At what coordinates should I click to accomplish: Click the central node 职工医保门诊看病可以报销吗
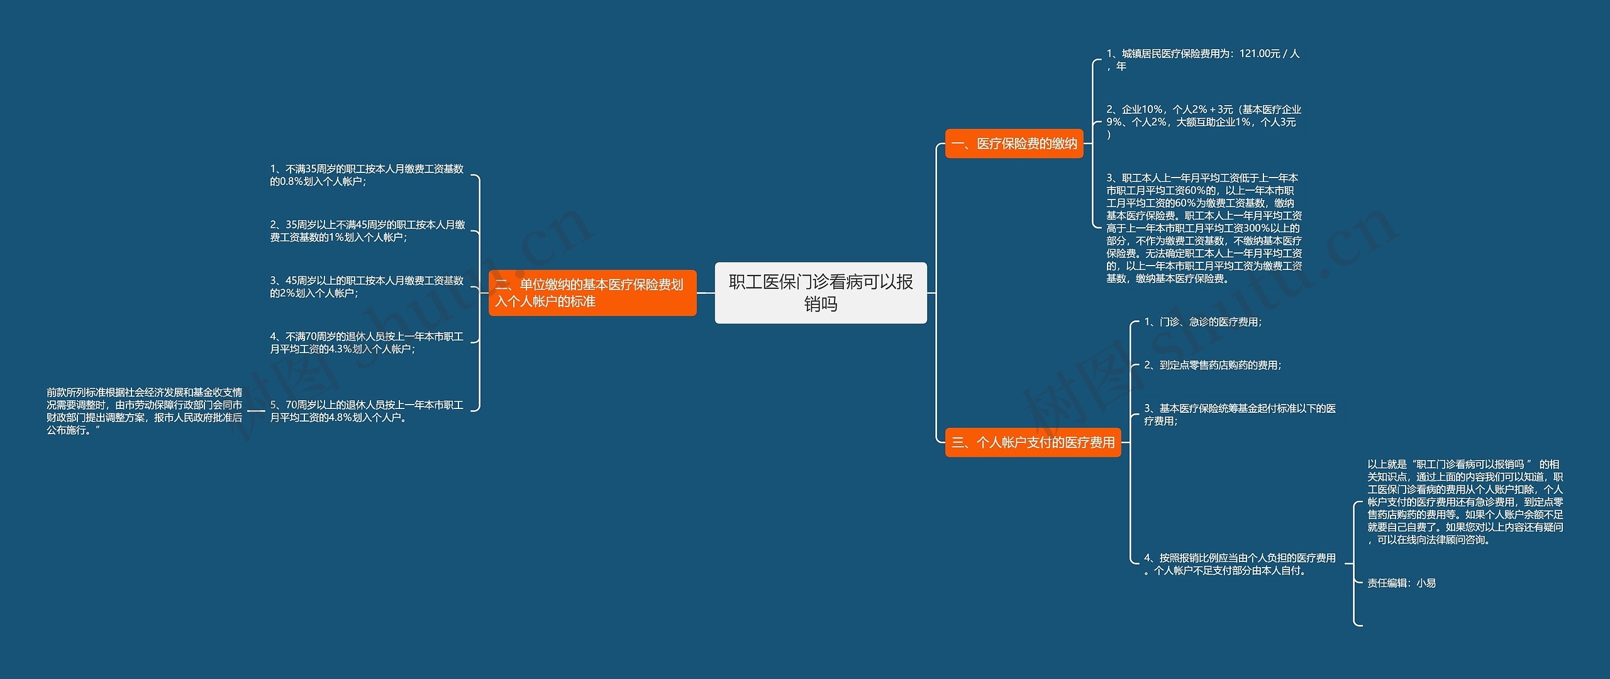(x=820, y=293)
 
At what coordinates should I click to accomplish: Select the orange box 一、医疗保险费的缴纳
(x=1014, y=143)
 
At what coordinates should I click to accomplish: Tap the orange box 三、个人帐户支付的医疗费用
(x=1033, y=442)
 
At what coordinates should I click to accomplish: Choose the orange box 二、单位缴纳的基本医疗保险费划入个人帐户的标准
(x=592, y=293)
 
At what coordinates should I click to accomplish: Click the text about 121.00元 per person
(x=1202, y=60)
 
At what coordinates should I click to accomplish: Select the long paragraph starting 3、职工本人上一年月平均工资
(x=1203, y=228)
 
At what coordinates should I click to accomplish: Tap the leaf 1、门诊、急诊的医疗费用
(x=1202, y=322)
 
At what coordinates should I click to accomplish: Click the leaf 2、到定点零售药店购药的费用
(x=1212, y=365)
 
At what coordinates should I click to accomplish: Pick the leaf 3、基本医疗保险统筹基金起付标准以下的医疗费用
(x=1239, y=415)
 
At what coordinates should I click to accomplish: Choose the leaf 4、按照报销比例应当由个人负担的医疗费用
(x=1239, y=564)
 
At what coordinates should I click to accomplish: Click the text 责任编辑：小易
(x=1401, y=583)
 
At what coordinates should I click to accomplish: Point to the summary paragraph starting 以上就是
(x=1464, y=502)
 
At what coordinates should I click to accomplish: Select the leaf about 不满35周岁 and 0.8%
(x=367, y=175)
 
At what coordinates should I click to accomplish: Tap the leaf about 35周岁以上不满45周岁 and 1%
(x=367, y=231)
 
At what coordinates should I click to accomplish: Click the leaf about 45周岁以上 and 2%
(x=367, y=287)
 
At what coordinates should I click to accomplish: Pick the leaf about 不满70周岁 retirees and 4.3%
(x=367, y=343)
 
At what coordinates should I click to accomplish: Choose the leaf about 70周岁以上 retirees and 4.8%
(x=367, y=411)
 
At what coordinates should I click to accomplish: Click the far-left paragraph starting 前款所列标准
(x=144, y=411)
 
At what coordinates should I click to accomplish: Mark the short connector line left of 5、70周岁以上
(x=256, y=412)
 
